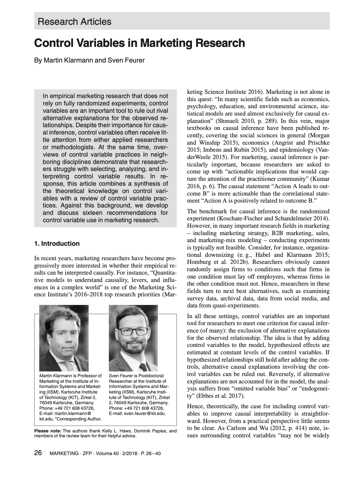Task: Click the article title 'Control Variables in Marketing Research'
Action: tap(140, 43)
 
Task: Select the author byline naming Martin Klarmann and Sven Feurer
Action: tap(90, 60)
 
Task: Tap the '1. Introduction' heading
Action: tap(57, 244)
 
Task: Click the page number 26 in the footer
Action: tap(38, 453)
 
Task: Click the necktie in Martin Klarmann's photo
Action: tap(70, 366)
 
